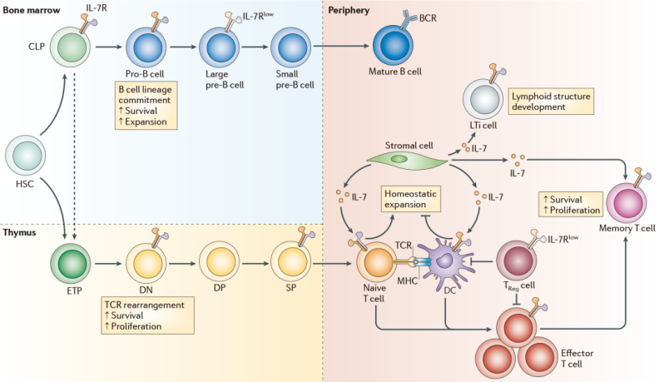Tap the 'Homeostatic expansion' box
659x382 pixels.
tap(409, 198)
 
